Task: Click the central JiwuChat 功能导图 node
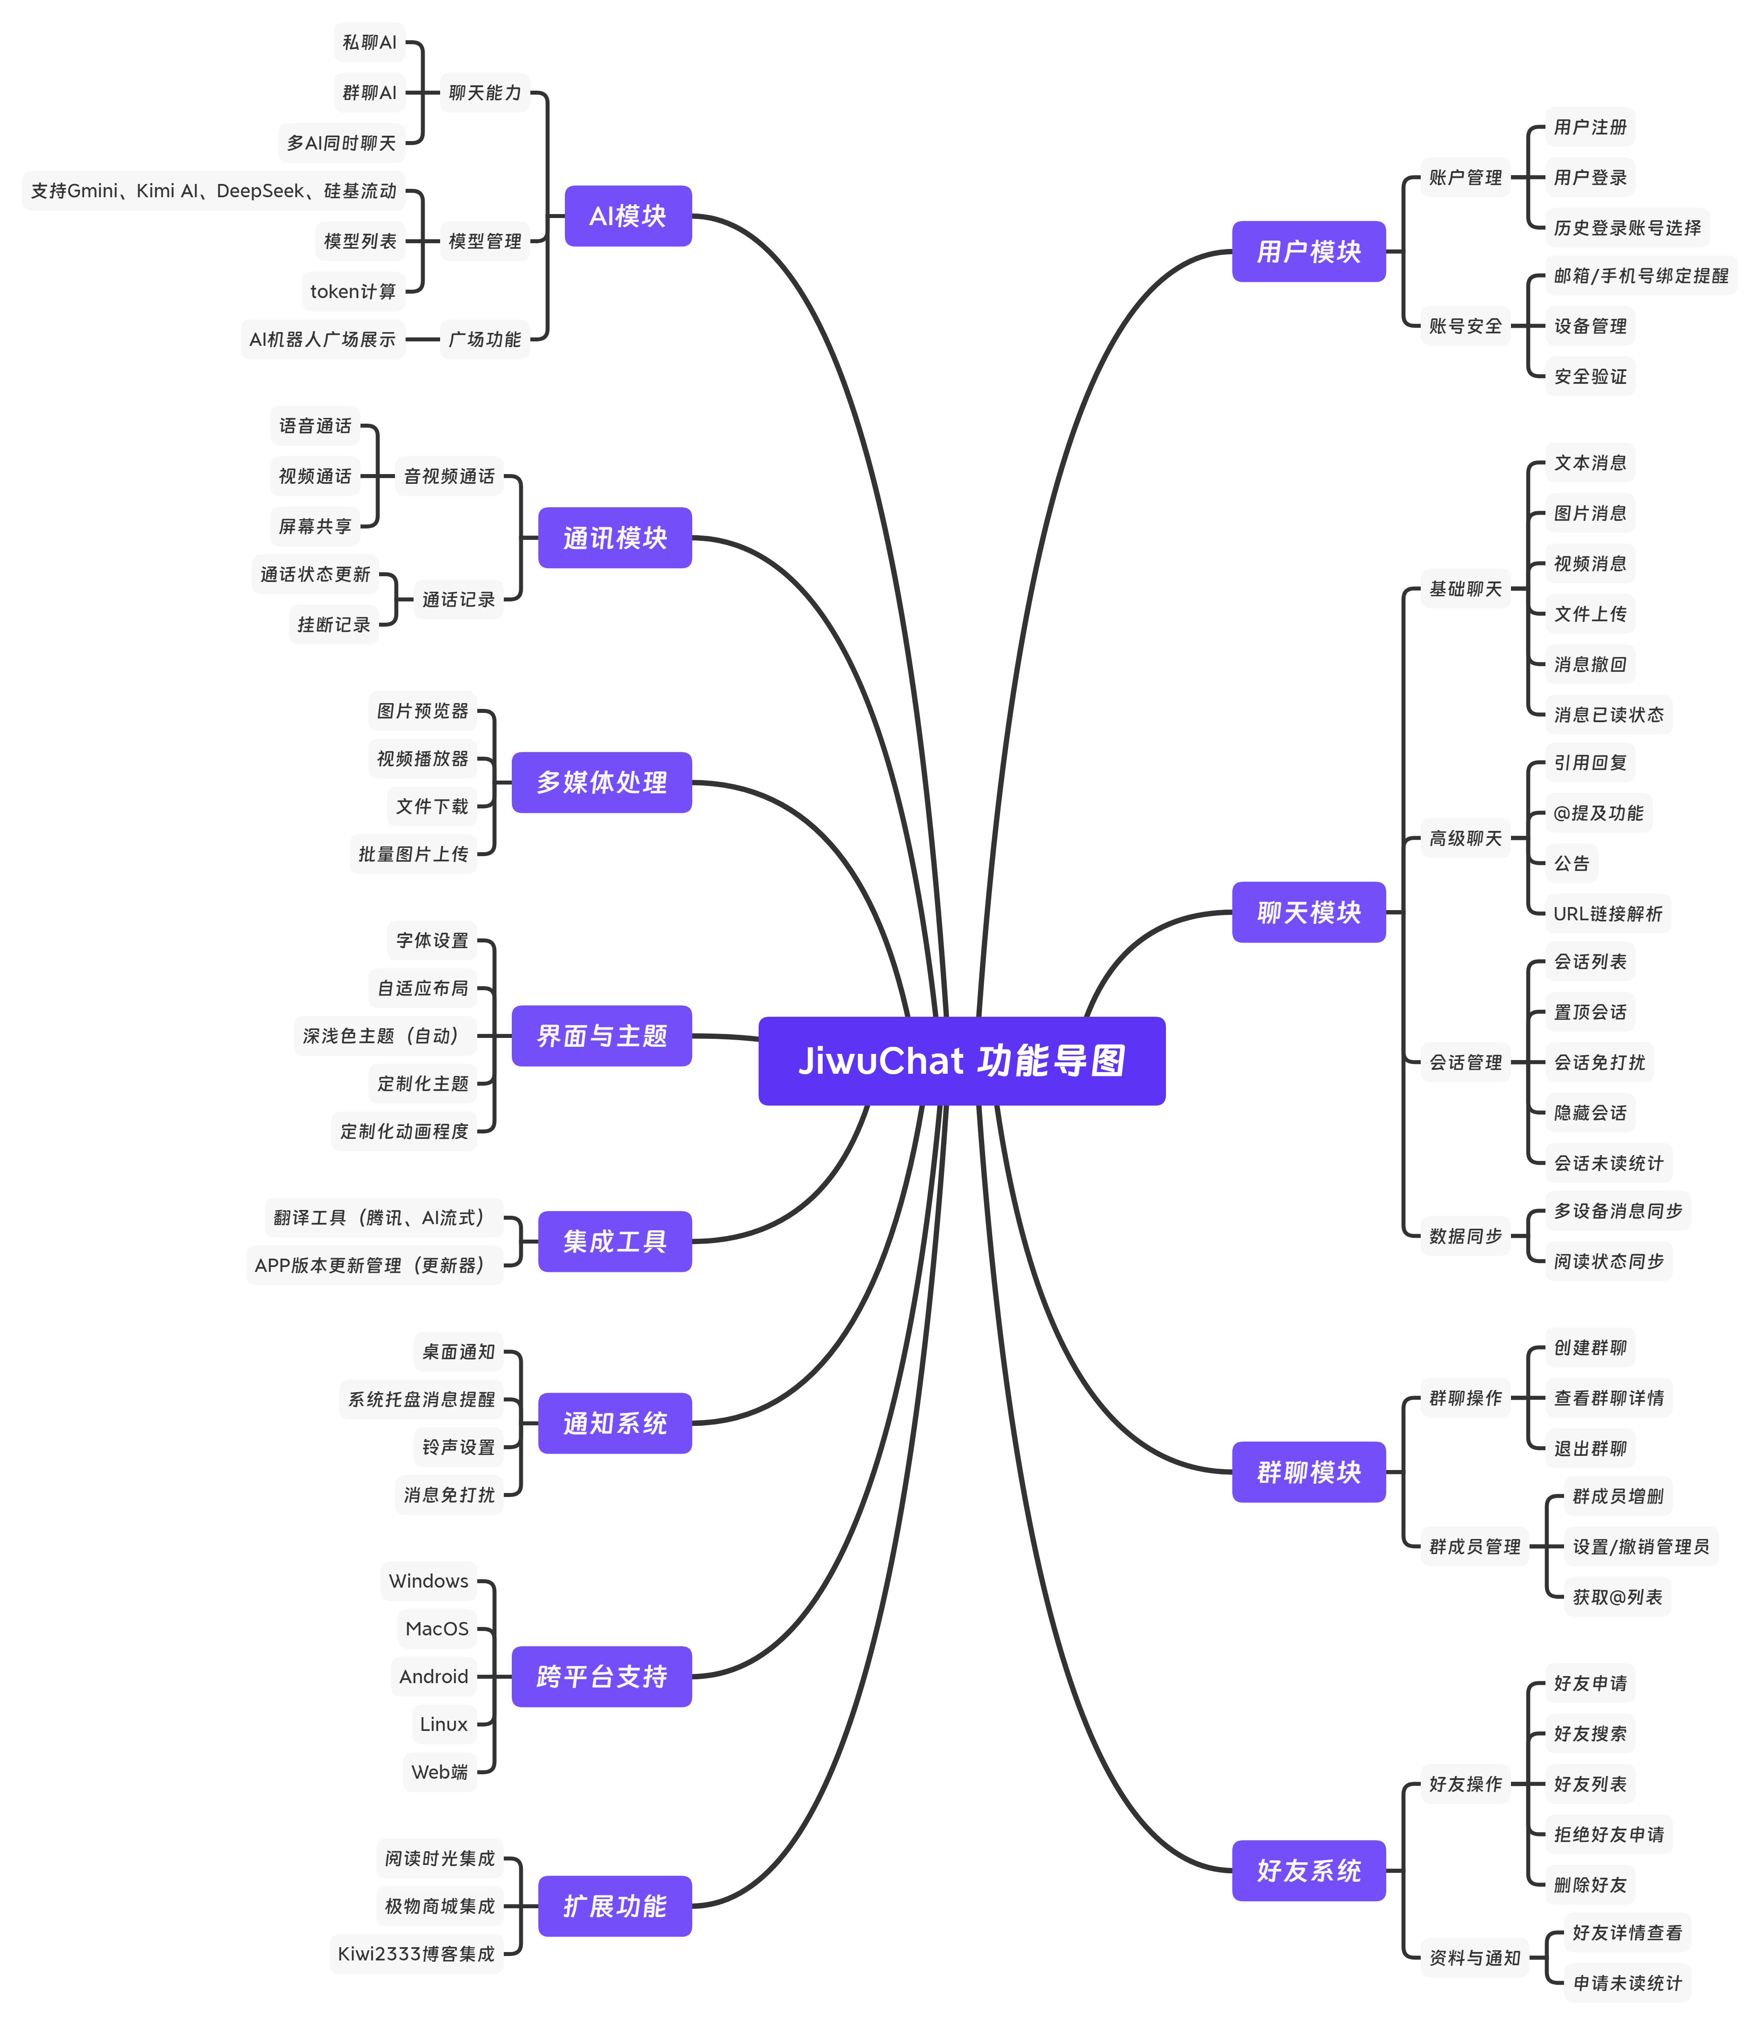pos(962,1060)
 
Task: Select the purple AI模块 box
pos(628,216)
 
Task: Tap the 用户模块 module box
pos(1308,251)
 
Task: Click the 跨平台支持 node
pos(601,1677)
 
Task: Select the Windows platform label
pos(428,1581)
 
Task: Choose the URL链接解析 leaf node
pos(1608,913)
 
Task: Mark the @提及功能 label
pos(1598,813)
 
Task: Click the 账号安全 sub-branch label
pos(1465,326)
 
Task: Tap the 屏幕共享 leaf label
pos(315,526)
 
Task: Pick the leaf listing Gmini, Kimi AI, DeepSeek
pos(213,191)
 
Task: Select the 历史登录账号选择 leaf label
pos(1627,228)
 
